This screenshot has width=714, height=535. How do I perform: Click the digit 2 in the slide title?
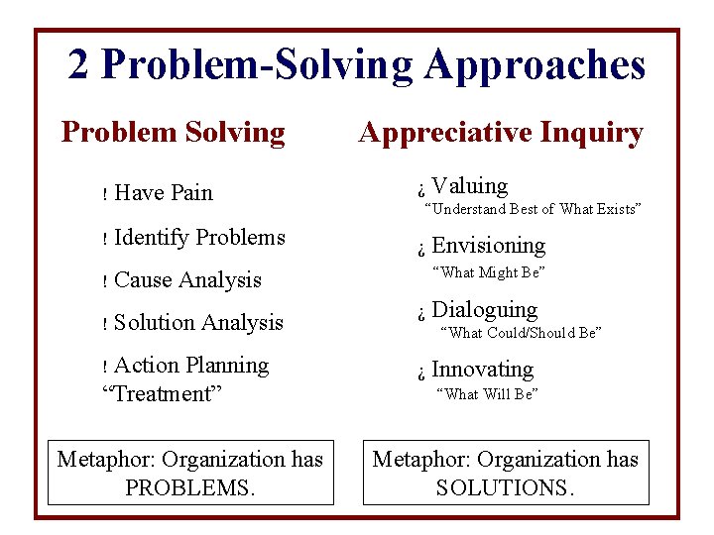coord(79,65)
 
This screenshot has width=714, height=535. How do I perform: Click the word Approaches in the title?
coord(535,65)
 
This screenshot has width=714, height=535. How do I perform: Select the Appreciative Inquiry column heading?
coord(501,133)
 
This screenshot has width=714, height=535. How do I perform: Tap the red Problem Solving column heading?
coord(174,132)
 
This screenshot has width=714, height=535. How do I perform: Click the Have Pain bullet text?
coord(164,193)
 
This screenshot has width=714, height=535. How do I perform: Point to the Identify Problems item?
coord(199,238)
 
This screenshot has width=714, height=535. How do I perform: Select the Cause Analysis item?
coord(187,280)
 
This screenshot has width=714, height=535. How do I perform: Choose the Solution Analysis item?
coord(198,323)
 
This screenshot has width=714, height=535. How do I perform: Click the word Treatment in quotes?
coord(162,394)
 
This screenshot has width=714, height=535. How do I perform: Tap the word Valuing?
coord(469,186)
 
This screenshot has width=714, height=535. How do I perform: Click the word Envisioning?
coord(488,246)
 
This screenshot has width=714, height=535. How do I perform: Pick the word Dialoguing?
coord(484,310)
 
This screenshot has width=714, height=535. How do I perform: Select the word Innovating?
coord(482,370)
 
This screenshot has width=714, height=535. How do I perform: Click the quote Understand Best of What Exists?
coord(533,209)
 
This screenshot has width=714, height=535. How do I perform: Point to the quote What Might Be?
coord(490,272)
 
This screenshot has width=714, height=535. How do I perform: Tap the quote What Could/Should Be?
coord(521,333)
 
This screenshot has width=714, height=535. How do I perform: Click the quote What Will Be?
coord(488,394)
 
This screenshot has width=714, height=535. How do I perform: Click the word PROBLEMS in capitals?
coord(190,488)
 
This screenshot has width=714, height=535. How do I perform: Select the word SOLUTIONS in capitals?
coord(505,488)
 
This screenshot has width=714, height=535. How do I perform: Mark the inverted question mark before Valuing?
coord(420,189)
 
